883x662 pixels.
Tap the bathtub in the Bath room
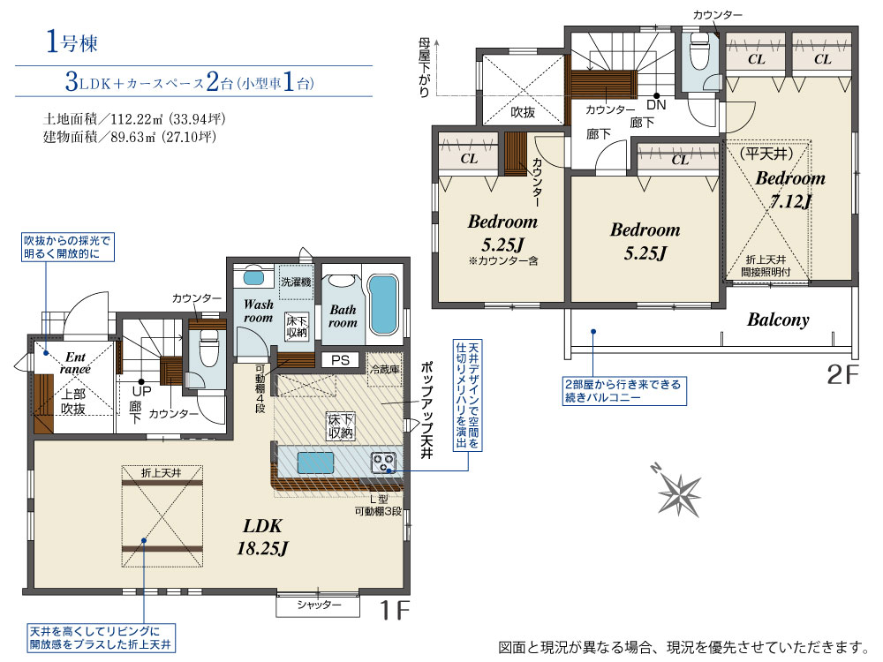pos(384,305)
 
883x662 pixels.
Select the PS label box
pos(340,360)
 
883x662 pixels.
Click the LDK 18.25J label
pos(262,537)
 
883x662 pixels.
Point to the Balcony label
pos(778,320)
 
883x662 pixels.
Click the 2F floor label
pos(842,373)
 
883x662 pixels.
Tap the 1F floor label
pos(394,610)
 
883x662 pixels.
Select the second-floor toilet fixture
pos(699,51)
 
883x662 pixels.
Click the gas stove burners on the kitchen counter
pos(383,463)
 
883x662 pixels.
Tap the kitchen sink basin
pos(315,463)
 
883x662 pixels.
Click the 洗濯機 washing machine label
pos(296,281)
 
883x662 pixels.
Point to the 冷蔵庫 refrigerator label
pos(385,369)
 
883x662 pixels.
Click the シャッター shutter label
pos(319,605)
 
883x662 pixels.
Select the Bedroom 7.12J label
pos(790,189)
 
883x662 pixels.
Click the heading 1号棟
pos(72,41)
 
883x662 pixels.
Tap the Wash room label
pos(258,311)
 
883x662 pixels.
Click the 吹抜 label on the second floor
pos(523,113)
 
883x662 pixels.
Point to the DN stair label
pos(656,105)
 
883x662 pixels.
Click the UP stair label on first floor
pos(142,391)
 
